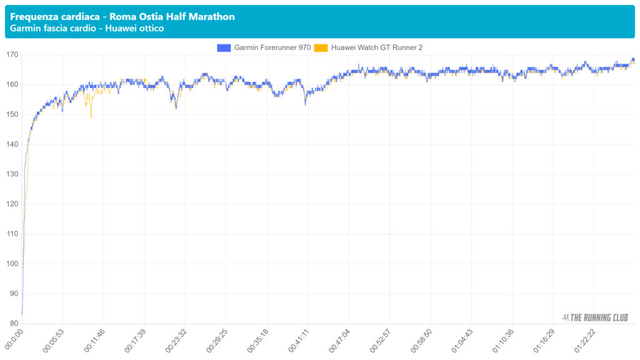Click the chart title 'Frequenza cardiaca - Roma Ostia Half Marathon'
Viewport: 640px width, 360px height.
click(122, 16)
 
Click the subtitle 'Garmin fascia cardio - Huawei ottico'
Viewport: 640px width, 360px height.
click(87, 29)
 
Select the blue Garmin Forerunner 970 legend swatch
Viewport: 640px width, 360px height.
click(224, 47)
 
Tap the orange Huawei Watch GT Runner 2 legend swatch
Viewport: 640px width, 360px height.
click(321, 47)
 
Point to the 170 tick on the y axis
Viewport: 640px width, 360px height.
click(12, 55)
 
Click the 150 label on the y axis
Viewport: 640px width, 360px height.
click(12, 114)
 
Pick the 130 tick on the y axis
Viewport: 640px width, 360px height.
click(12, 174)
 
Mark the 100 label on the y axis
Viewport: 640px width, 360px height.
click(12, 264)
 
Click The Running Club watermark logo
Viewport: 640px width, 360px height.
click(595, 317)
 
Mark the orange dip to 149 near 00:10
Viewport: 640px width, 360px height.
click(91, 117)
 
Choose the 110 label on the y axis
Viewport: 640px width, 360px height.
click(12, 234)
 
